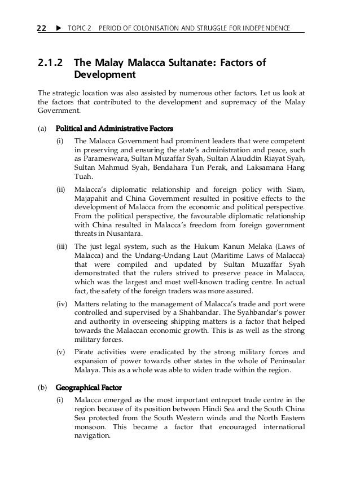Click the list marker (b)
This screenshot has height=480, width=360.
coord(42,387)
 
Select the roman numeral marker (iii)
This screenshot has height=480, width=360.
coord(63,246)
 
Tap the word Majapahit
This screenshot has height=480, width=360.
coord(93,199)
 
